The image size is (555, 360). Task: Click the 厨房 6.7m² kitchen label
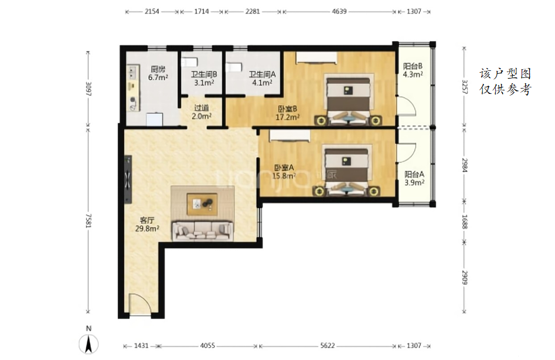tap(158, 73)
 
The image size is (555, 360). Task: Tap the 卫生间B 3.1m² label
tap(204, 79)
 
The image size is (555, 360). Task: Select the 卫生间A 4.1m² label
tap(262, 79)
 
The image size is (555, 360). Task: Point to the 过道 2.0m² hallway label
tap(202, 112)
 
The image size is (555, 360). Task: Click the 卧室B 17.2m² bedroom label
tap(287, 113)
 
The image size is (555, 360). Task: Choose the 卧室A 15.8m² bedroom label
tap(284, 172)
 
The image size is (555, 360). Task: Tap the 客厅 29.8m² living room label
tap(147, 225)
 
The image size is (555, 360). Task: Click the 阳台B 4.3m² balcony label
tap(413, 70)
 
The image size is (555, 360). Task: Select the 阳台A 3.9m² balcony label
tap(414, 178)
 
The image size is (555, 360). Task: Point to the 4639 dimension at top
tap(339, 11)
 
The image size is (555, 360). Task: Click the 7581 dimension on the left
tap(88, 220)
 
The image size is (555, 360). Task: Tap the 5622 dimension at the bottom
tap(328, 345)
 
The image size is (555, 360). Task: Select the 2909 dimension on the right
tap(465, 277)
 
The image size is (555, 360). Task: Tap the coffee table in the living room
tap(202, 204)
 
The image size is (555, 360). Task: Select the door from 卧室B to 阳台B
tap(406, 106)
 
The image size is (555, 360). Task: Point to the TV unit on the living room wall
tap(128, 179)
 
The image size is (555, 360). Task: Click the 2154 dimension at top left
tap(151, 11)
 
